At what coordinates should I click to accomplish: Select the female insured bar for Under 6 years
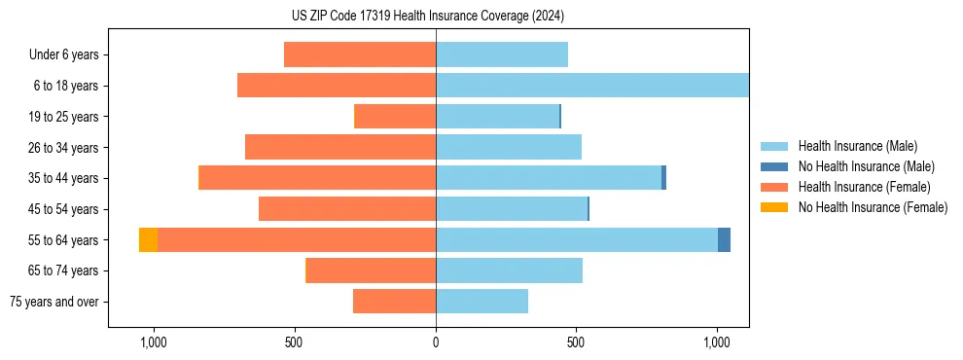point(360,54)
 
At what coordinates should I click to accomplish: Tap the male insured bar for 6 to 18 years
point(591,86)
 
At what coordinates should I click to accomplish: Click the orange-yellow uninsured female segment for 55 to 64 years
point(148,239)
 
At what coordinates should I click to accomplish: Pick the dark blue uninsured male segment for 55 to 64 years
point(724,239)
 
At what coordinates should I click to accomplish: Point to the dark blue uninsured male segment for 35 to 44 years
point(663,178)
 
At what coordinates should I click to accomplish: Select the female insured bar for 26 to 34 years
point(340,147)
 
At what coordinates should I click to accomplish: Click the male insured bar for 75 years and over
point(481,302)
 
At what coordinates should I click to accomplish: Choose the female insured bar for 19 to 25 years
point(395,117)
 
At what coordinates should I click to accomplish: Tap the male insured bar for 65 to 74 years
point(509,270)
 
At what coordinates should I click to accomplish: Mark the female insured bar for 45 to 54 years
point(347,209)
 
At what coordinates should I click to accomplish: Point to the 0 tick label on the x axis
point(436,342)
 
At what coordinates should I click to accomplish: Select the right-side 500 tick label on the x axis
point(576,342)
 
